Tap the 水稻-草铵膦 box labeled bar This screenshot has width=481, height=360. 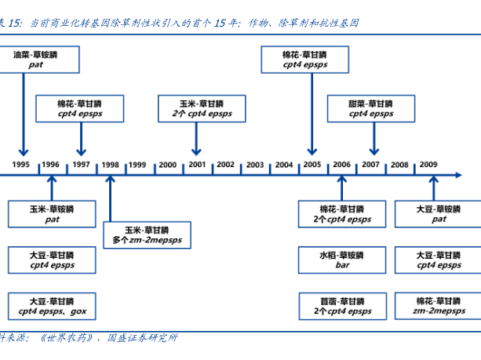[342, 260]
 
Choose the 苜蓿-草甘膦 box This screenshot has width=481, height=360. [342, 306]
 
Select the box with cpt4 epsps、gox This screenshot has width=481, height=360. [52, 306]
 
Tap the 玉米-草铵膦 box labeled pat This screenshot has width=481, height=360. [52, 214]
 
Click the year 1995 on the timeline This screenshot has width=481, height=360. [21, 165]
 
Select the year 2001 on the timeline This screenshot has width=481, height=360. [196, 165]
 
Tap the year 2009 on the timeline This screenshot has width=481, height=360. [428, 165]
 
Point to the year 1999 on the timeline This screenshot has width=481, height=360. [137, 165]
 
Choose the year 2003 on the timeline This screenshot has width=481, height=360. [254, 165]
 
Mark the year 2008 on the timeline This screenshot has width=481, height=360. [399, 165]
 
